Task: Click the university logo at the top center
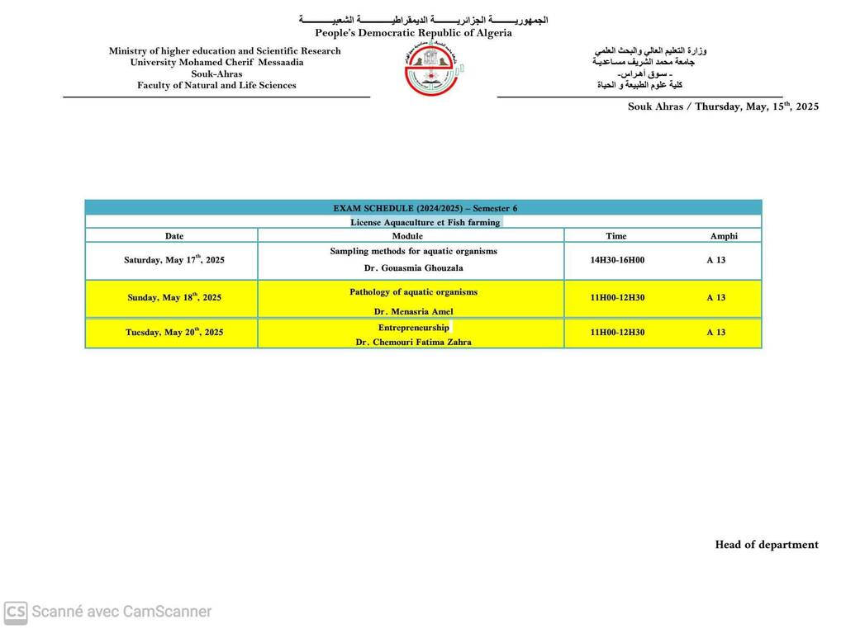[x=433, y=69]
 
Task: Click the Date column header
[x=173, y=236]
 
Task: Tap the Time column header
[x=616, y=236]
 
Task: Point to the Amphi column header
[x=724, y=236]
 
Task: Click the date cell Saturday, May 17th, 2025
[x=174, y=260]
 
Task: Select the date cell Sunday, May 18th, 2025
[x=174, y=298]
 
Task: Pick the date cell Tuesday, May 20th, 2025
[x=174, y=333]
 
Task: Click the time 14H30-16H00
[x=617, y=260]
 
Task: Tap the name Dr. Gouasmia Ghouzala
[x=413, y=268]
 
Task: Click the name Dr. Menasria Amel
[x=413, y=312]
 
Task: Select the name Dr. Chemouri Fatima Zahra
[x=413, y=342]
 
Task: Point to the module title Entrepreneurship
[x=413, y=328]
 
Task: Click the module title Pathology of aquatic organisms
[x=413, y=292]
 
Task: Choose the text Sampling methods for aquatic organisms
[x=413, y=251]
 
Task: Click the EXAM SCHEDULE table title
[x=425, y=209]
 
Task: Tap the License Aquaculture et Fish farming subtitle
[x=425, y=222]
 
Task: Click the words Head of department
[x=767, y=545]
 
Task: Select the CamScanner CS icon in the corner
[x=16, y=612]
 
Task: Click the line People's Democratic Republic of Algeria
[x=413, y=33]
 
